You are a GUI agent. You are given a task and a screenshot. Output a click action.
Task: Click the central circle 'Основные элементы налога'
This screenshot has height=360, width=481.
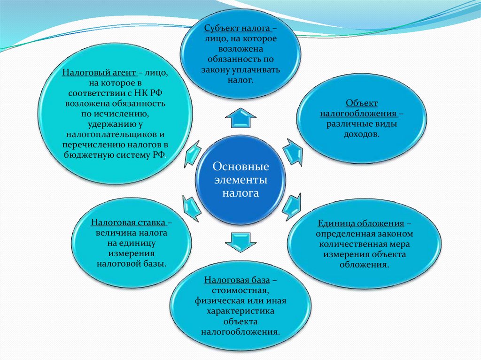240,180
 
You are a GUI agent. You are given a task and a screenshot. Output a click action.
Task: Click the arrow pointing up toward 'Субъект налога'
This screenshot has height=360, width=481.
240,118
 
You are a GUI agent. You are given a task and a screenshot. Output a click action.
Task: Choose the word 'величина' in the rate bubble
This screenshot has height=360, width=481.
112,232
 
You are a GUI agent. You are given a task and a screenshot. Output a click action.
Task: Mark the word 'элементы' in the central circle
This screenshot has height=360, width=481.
240,180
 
